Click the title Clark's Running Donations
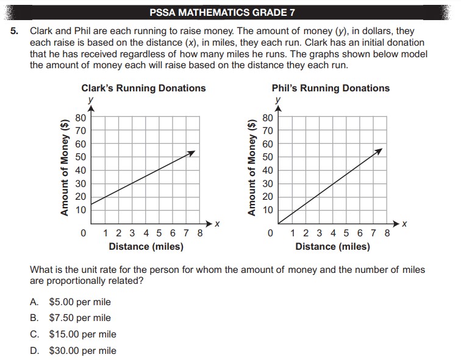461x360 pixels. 143,88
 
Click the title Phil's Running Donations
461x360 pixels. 331,88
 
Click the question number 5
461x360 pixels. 15,29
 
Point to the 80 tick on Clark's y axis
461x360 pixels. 80,118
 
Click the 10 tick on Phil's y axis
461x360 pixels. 268,210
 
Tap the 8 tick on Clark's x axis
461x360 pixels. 200,233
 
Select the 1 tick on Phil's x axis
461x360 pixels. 294,233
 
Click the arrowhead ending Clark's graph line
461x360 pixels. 193,152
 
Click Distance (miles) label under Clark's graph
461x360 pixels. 146,247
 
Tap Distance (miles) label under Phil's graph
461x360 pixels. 332,247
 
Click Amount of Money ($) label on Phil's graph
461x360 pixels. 251,166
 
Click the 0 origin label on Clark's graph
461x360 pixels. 83,233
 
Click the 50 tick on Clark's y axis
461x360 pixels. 80,157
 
